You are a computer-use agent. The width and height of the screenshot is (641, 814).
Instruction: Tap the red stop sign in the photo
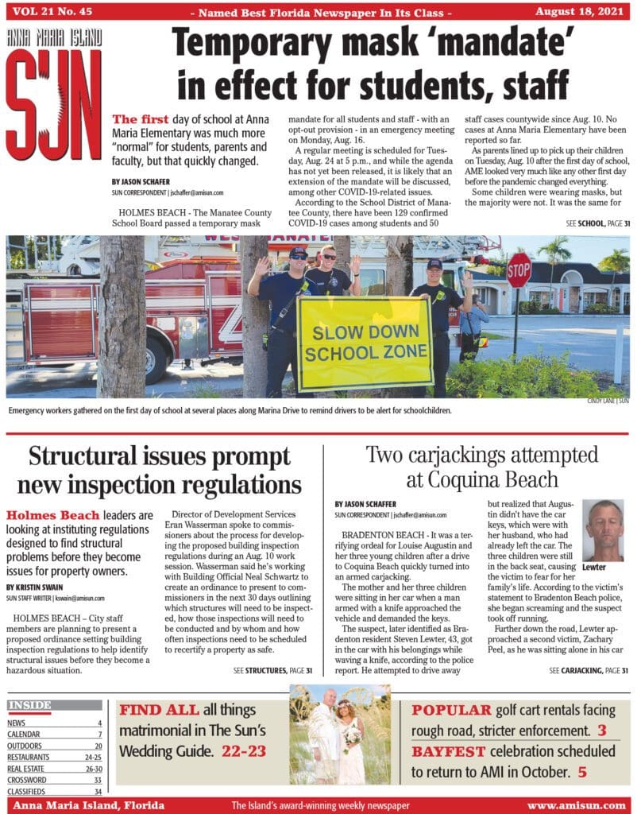point(519,269)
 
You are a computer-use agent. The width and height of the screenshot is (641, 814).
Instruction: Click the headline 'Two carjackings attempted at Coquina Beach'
point(481,467)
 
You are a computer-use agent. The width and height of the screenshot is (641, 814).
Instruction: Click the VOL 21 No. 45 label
point(49,11)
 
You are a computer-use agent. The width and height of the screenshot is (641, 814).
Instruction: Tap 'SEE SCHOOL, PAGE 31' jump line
point(597,224)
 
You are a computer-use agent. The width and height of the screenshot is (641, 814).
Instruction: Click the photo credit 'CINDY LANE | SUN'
point(608,401)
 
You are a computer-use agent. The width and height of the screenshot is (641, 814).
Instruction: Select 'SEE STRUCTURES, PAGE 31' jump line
point(273,671)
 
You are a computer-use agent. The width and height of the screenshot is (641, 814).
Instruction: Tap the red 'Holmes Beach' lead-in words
point(54,515)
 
